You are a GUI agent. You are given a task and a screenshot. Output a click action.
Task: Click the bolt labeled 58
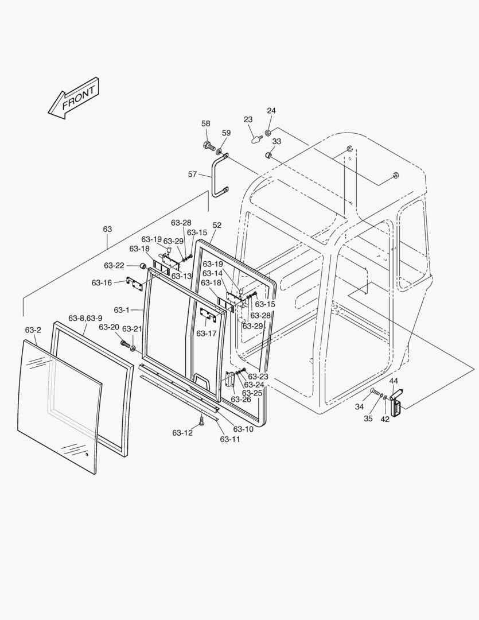pos(209,146)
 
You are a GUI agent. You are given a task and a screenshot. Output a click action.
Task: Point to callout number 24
pos(271,111)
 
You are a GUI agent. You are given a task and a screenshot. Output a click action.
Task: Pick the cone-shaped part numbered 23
pos(255,138)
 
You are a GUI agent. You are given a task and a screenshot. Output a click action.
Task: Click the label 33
pos(277,141)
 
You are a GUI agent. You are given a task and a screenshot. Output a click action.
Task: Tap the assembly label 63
pos(108,229)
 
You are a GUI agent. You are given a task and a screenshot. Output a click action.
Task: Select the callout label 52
pos(217,226)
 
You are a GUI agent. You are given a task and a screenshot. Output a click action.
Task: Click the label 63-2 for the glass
pos(33,330)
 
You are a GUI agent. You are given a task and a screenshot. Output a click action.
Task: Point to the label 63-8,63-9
pos(85,318)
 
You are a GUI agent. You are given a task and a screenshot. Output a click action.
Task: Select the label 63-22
pos(114,265)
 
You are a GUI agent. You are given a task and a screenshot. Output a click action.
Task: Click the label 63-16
pos(102,282)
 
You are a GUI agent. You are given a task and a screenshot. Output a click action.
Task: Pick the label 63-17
pos(207,333)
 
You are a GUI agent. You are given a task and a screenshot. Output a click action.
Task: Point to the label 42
pos(385,419)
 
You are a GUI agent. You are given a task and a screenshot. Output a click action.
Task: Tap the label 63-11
pos(230,439)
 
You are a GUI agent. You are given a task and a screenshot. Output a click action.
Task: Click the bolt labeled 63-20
pos(124,343)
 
